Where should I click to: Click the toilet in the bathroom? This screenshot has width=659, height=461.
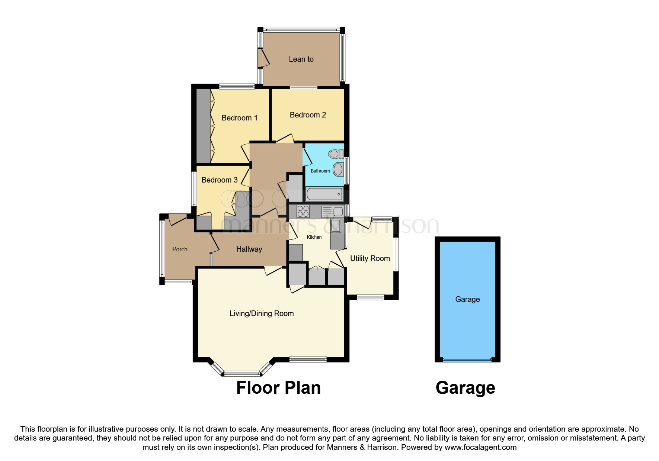point(336,154)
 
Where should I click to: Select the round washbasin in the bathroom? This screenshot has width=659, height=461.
point(338,169)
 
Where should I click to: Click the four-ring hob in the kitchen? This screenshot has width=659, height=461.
point(303,211)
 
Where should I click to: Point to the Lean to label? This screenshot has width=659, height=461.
point(301,59)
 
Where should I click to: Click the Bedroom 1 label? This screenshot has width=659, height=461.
point(239,118)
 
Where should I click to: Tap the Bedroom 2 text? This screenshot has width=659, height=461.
point(308,115)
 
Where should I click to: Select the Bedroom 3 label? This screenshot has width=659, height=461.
point(219,180)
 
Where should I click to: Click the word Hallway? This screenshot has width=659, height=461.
point(249,249)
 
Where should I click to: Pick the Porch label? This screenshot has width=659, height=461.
point(180,249)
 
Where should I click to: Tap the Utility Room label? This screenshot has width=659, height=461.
point(370,258)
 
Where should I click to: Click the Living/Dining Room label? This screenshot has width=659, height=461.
point(262,313)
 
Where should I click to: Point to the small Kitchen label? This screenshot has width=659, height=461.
point(314,237)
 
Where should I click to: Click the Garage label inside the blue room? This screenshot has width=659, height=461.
point(467,299)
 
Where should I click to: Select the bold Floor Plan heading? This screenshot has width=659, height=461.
point(278,388)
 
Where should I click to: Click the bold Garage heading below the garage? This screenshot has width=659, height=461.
point(465,388)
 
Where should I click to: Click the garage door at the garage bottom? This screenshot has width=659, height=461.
point(467,360)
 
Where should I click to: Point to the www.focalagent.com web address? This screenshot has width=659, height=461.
point(480,447)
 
